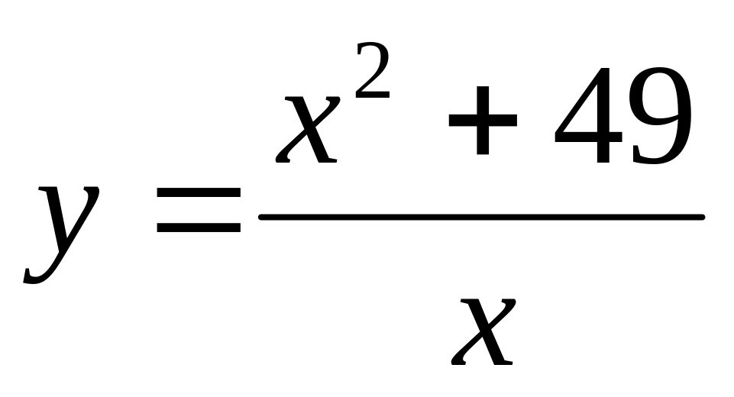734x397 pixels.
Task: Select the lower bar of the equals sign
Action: [198, 229]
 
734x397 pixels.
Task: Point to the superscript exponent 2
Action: [373, 73]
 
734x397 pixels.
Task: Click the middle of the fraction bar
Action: [481, 218]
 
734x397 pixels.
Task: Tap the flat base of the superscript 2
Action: [374, 94]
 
